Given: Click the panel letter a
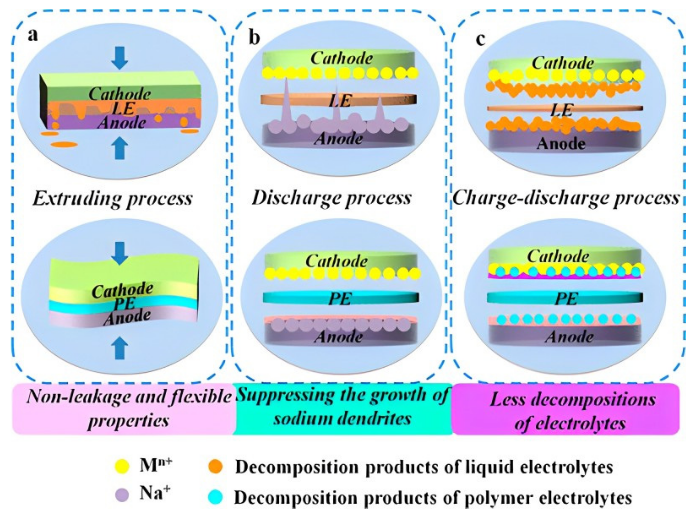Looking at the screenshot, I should coord(33,35).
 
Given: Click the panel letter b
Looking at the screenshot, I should coord(254,38).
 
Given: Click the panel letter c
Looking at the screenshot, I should coord(481,39).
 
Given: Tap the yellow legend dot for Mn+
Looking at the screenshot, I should coord(122,467).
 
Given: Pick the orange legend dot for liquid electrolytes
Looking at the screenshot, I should coord(215,467).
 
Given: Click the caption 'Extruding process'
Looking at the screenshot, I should coord(113,198).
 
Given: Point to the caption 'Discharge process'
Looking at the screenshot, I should coord(332,198).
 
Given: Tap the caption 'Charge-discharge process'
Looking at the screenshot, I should coord(566,198).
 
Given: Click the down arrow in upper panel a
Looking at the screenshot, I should coord(120,58).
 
